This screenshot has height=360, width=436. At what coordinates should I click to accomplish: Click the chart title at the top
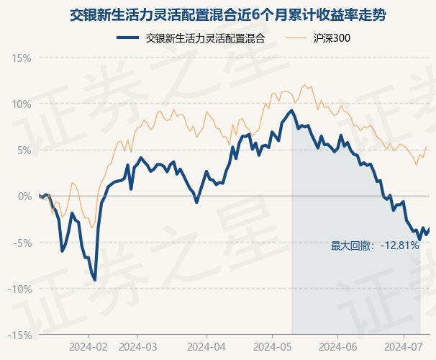click(x=218, y=14)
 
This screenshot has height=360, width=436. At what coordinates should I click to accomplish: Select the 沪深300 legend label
click(x=332, y=38)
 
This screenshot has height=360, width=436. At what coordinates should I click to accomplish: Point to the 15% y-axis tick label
click(x=22, y=58)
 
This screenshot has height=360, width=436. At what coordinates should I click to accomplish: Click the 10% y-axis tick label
click(x=22, y=104)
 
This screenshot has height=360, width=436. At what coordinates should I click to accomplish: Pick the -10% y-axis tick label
click(x=20, y=289)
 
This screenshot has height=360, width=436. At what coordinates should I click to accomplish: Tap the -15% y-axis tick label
click(x=20, y=335)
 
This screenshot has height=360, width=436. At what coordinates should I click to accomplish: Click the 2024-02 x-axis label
click(x=88, y=346)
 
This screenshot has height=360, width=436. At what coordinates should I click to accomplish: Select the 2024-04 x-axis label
click(x=206, y=346)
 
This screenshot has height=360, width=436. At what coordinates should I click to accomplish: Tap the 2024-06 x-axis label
click(x=337, y=346)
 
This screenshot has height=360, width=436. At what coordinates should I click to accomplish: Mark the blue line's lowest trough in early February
click(x=95, y=279)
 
